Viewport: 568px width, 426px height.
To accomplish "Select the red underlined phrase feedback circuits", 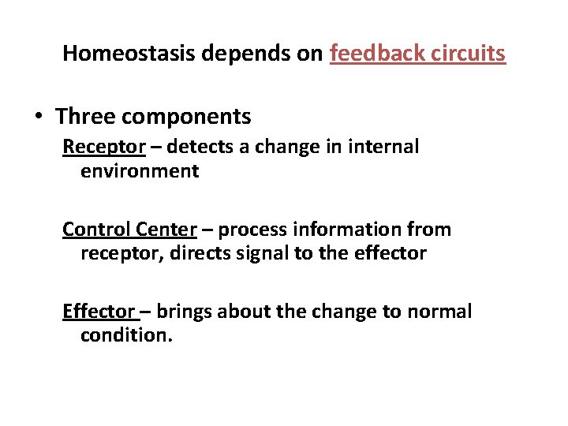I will click(x=417, y=54).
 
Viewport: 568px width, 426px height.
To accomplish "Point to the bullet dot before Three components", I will click(x=39, y=118).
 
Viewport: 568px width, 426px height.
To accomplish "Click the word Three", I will click(x=85, y=118).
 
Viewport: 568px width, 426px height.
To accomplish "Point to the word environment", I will click(x=140, y=171).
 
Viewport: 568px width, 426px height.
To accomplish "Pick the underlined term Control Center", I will click(x=129, y=230).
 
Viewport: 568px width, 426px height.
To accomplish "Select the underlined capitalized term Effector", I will click(x=98, y=312).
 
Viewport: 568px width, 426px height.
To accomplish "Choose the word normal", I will click(x=439, y=312).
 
